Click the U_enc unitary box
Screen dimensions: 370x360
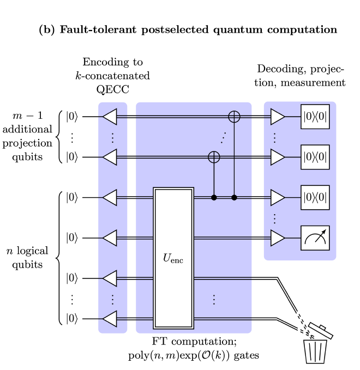[x=173, y=258]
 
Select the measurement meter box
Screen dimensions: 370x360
[x=315, y=238]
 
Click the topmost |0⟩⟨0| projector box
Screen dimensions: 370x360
[x=315, y=116]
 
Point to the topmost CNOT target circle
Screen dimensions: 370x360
[x=235, y=116]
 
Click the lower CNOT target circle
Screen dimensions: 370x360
[x=214, y=157]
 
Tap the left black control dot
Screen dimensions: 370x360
[x=214, y=197]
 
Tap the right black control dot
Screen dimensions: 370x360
[x=235, y=197]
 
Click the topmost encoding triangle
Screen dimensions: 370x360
[x=110, y=116]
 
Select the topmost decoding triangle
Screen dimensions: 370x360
[x=277, y=116]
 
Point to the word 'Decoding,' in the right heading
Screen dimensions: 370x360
[x=282, y=70]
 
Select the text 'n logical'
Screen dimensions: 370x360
[x=27, y=251]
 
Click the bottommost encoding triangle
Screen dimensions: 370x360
[x=110, y=319]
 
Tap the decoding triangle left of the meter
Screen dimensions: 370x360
[x=277, y=238]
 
